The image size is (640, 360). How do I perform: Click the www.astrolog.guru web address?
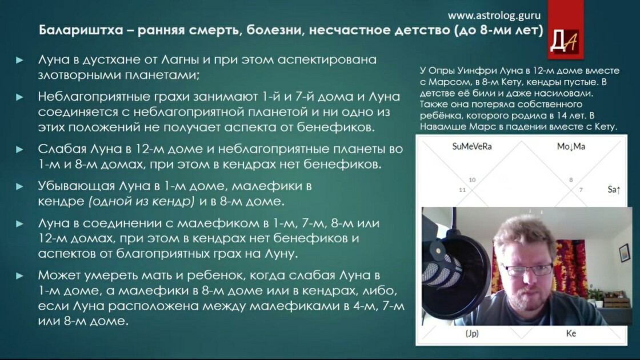click(x=494, y=16)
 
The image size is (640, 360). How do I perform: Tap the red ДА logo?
click(x=565, y=29)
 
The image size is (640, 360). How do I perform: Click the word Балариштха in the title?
click(x=81, y=30)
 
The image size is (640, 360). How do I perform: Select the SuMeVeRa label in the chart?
click(x=472, y=146)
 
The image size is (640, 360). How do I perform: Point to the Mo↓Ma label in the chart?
click(x=571, y=146)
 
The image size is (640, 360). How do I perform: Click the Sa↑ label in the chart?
click(x=614, y=189)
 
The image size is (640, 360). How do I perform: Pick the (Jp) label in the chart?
click(x=472, y=334)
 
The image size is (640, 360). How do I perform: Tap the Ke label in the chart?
click(x=571, y=334)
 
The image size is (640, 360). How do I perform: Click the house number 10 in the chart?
click(x=472, y=179)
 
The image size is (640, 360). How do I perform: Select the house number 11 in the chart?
click(x=462, y=190)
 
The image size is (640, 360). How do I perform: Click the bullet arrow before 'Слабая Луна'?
click(x=19, y=149)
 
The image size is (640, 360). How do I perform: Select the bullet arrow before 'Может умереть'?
click(x=19, y=276)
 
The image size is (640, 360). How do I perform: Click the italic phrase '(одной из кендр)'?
click(x=142, y=202)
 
